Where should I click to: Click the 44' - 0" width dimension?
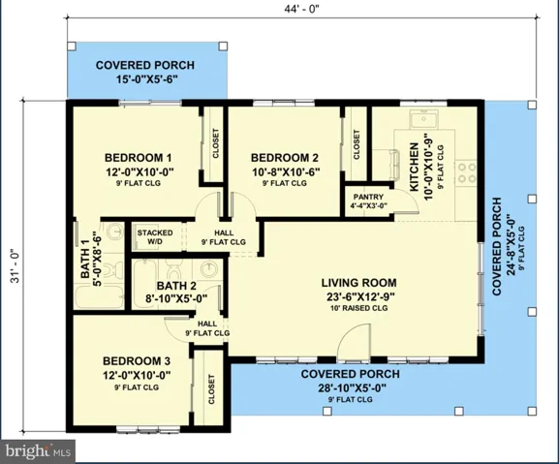pyautogui.click(x=301, y=9)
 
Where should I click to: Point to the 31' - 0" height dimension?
pyautogui.click(x=16, y=265)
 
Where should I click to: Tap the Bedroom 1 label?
pyautogui.click(x=139, y=158)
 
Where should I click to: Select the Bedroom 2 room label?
pyautogui.click(x=285, y=158)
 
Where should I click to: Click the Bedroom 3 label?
pyautogui.click(x=137, y=361)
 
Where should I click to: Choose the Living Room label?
pyautogui.click(x=359, y=283)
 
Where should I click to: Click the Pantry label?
pyautogui.click(x=368, y=197)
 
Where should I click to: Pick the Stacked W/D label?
pyautogui.click(x=155, y=237)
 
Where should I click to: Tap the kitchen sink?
pyautogui.click(x=423, y=119)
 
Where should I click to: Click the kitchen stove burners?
pyautogui.click(x=467, y=172)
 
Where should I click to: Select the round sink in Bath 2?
pyautogui.click(x=208, y=269)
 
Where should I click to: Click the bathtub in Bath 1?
pyautogui.click(x=100, y=297)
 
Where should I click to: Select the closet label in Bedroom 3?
pyautogui.click(x=211, y=389)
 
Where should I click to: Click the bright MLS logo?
pyautogui.click(x=38, y=451)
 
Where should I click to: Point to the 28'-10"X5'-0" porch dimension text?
pyautogui.click(x=352, y=387)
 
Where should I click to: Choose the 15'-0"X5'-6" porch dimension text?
pyautogui.click(x=147, y=79)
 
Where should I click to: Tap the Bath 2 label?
pyautogui.click(x=176, y=286)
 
